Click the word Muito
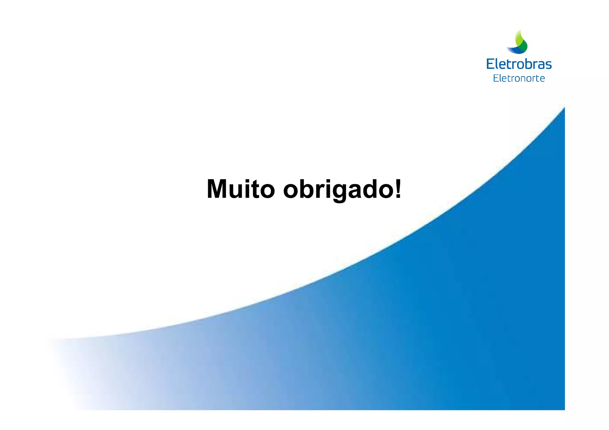[240, 189]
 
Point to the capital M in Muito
[219, 189]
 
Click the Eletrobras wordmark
[519, 64]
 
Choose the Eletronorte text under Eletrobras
[519, 78]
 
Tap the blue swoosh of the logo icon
[515, 51]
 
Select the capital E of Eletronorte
[496, 78]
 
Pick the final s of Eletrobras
[548, 65]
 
